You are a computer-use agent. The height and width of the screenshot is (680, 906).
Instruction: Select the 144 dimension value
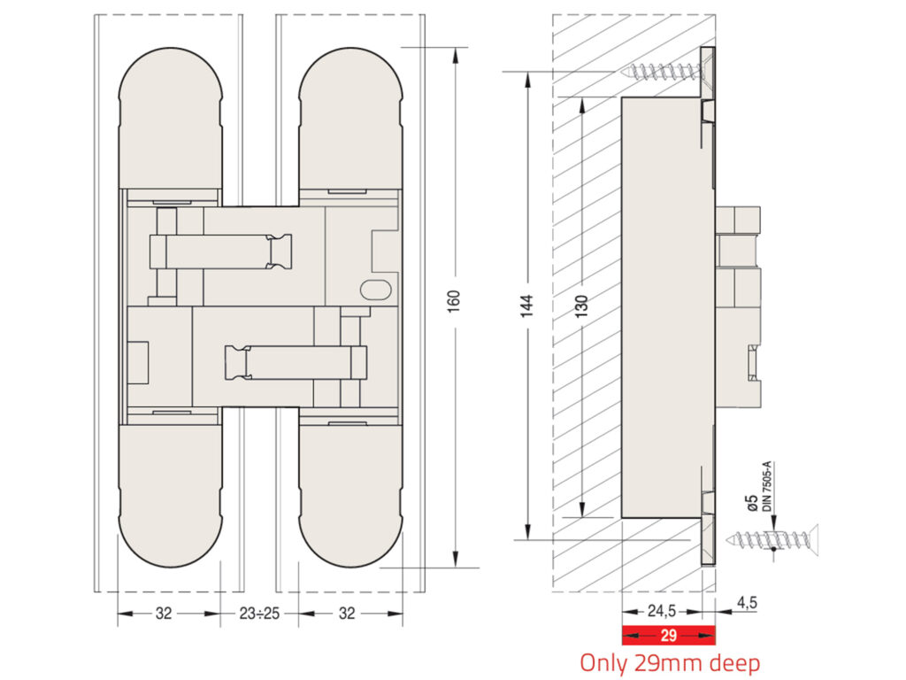[527, 307]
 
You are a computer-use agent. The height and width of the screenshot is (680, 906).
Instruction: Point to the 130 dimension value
[581, 307]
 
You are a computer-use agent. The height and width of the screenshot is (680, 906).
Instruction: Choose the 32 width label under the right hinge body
[348, 613]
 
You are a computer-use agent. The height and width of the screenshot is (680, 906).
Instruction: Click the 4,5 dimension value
[746, 604]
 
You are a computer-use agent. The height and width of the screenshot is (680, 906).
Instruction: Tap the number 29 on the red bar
[669, 635]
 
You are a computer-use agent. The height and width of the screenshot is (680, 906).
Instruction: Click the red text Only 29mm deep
[669, 662]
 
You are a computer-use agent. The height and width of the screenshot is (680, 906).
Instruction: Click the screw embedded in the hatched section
[663, 72]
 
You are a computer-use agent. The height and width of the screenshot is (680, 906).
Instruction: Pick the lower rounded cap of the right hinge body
[351, 496]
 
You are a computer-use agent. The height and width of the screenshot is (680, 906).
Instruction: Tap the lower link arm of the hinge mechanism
[296, 362]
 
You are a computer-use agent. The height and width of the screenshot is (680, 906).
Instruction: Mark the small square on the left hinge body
[138, 362]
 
